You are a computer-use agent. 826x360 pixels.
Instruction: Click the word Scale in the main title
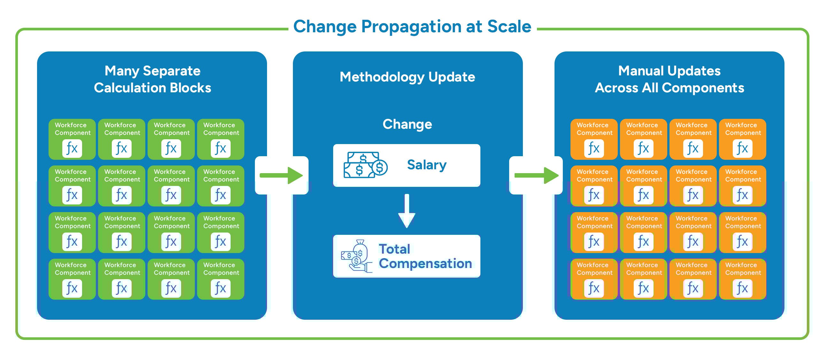click(x=509, y=26)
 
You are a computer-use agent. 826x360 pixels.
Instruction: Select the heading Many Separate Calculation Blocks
click(x=152, y=79)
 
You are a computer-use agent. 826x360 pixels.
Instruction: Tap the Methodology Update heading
click(x=407, y=77)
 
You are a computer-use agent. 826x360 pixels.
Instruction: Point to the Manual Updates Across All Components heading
click(x=669, y=79)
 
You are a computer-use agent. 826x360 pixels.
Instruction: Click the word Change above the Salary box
click(x=407, y=124)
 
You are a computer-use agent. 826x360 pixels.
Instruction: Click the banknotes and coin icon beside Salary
click(x=365, y=165)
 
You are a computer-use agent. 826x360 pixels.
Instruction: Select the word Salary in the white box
click(x=426, y=165)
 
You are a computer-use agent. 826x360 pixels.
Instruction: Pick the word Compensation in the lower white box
click(x=425, y=264)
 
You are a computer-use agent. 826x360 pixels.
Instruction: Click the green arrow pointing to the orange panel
click(x=536, y=175)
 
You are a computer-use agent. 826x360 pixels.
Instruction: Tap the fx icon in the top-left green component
click(x=72, y=149)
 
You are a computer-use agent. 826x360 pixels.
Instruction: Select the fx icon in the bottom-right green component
click(x=221, y=288)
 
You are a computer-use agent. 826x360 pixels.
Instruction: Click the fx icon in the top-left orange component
click(x=593, y=149)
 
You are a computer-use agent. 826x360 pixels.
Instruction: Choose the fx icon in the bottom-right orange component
click(x=742, y=288)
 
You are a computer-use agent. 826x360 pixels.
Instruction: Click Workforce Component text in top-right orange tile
click(x=743, y=129)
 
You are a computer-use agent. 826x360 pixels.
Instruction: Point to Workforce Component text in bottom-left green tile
click(x=73, y=269)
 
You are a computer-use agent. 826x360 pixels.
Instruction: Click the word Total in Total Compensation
click(x=394, y=249)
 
